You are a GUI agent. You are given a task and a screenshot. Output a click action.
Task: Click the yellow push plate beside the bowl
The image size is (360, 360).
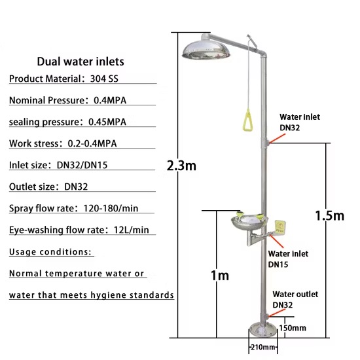click(280, 228)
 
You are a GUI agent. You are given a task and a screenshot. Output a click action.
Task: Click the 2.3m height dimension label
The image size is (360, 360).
click(181, 166)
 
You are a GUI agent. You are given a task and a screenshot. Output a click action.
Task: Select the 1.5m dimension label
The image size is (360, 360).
click(330, 215)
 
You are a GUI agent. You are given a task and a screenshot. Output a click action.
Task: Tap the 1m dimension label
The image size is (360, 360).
click(220, 276)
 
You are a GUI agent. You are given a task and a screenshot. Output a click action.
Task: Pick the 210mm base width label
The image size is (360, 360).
click(263, 347)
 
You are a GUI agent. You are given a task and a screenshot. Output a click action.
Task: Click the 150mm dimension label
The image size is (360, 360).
click(293, 328)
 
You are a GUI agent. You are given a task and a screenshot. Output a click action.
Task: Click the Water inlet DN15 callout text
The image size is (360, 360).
click(288, 259)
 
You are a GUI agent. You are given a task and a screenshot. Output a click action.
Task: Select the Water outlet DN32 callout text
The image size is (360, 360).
click(295, 300)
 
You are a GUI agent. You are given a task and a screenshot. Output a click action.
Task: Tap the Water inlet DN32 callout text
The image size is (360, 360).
click(300, 122)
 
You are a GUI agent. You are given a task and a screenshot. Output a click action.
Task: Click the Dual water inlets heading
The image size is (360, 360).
click(81, 62)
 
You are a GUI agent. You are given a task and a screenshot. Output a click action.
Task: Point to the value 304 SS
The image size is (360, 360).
click(104, 79)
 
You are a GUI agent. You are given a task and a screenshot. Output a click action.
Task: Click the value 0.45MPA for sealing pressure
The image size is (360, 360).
click(107, 122)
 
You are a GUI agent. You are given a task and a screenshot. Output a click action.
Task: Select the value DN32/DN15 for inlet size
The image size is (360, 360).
click(82, 165)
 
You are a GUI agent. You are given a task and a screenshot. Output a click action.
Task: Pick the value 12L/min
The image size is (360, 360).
click(132, 230)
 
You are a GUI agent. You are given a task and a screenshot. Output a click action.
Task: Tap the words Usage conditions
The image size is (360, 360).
click(50, 252)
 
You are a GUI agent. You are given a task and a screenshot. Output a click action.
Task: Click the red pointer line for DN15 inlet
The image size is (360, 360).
click(276, 241)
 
